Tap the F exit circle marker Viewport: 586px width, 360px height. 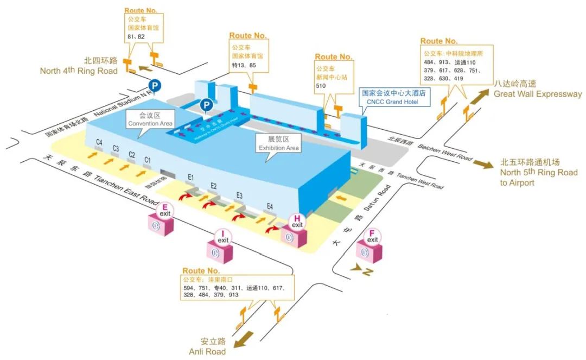373,237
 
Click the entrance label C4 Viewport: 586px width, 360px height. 99,142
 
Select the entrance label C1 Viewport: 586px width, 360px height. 147,160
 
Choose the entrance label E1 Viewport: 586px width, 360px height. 191,177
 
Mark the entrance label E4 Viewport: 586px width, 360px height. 270,206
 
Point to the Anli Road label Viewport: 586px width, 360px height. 207,346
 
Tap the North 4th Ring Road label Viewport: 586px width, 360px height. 79,66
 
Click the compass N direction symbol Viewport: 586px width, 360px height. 360,270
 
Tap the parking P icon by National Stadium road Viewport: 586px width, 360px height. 155,85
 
